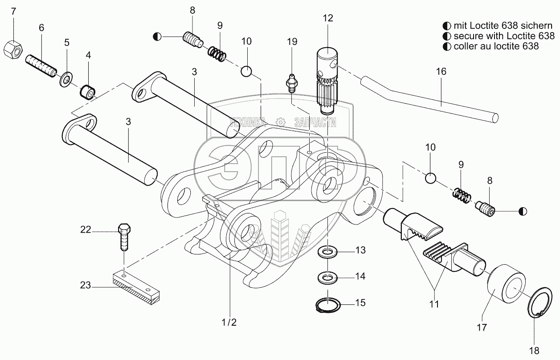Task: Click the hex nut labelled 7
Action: click(13, 50)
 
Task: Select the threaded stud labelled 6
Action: click(41, 66)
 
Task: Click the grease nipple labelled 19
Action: click(290, 84)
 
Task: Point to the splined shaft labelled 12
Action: click(327, 81)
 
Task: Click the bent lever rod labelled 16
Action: click(429, 99)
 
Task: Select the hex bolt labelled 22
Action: click(124, 237)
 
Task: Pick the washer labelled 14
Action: click(327, 277)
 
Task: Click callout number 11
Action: click(434, 304)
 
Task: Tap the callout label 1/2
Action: click(229, 323)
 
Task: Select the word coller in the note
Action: click(466, 46)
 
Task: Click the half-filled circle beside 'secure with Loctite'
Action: click(446, 36)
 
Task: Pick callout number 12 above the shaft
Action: click(328, 18)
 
